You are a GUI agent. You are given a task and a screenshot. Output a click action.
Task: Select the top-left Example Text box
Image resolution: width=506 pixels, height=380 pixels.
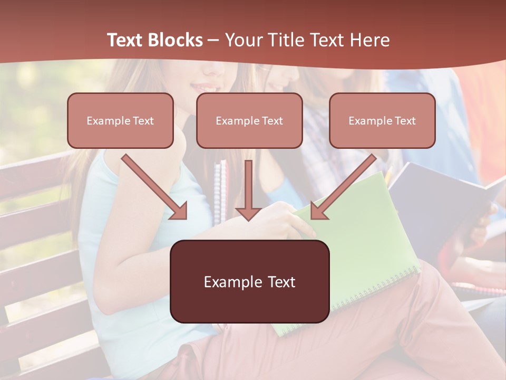point(120,120)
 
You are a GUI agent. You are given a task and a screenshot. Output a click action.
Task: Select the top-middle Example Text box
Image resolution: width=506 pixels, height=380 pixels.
point(249,120)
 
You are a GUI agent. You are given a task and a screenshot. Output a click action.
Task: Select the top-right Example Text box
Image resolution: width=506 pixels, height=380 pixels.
point(382,120)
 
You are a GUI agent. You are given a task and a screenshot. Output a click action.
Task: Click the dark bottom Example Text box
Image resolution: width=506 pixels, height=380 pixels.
point(249,281)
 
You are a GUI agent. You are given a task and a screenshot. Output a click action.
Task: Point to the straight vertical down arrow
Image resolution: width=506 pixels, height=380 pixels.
point(248,187)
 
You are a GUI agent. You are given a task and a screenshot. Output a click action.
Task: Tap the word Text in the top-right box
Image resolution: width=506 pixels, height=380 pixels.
point(405,121)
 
